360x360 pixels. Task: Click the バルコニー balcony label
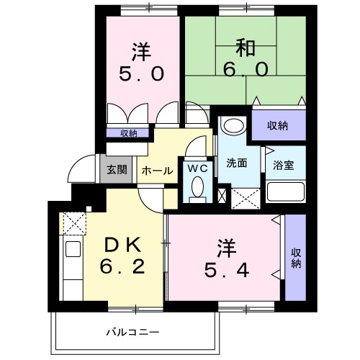coord(132,332)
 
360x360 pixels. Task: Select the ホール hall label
coord(156,171)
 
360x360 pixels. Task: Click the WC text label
coord(197,168)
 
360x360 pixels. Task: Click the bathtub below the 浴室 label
coord(286,193)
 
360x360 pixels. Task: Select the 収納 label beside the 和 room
coord(278,126)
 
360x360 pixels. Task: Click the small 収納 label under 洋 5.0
coord(128,132)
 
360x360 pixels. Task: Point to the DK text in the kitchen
coord(122,245)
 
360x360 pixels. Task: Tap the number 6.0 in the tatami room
coord(243,70)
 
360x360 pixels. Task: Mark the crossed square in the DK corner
coord(73,222)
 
